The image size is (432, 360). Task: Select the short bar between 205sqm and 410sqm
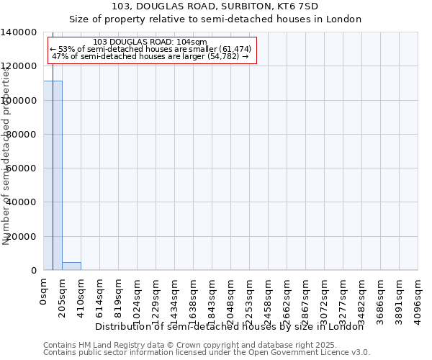pos(71,266)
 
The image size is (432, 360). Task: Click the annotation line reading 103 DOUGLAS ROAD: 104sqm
pos(150,42)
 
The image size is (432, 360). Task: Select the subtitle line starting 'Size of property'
pos(215,19)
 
